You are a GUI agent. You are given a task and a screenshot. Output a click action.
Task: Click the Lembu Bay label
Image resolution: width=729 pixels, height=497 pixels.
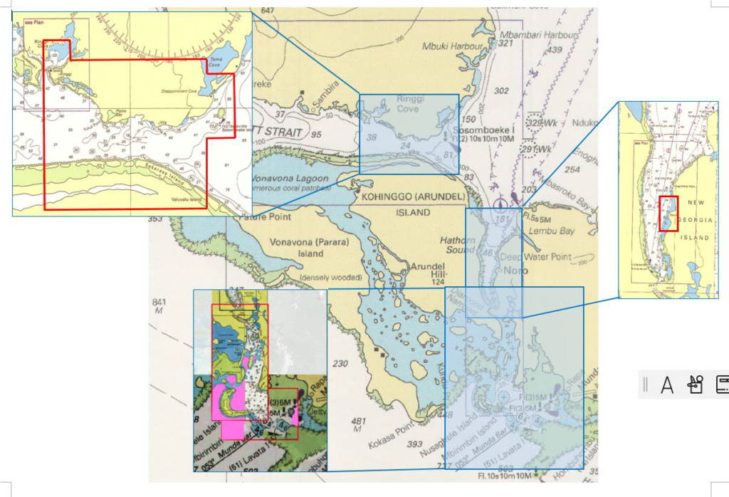557,231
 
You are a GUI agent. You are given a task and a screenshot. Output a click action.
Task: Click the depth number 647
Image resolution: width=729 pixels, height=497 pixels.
268,11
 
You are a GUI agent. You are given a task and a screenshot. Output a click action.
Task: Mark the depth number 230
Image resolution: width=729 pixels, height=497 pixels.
340,364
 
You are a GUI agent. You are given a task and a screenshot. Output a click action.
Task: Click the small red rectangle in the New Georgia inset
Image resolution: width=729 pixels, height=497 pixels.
668,214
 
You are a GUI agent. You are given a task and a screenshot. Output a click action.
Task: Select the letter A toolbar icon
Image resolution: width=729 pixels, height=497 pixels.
667,385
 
